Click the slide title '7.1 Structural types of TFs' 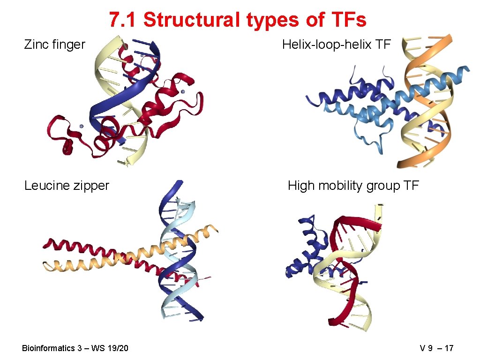pyautogui.click(x=238, y=20)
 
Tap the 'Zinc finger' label pyautogui.click(x=54, y=45)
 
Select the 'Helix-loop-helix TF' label pyautogui.click(x=336, y=45)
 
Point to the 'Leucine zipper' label pyautogui.click(x=67, y=186)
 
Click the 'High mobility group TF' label pyautogui.click(x=353, y=186)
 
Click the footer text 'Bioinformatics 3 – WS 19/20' pyautogui.click(x=75, y=348)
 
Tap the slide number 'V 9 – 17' pyautogui.click(x=436, y=348)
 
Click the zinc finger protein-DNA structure pyautogui.click(x=127, y=103)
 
